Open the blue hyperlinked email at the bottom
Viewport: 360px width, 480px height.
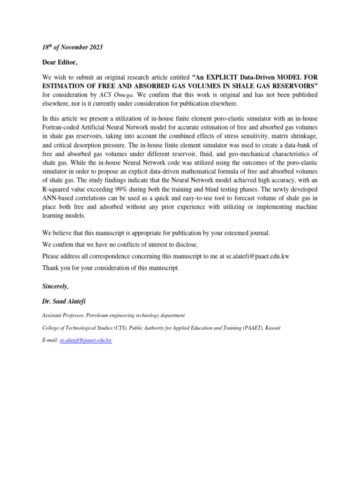coord(86,340)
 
